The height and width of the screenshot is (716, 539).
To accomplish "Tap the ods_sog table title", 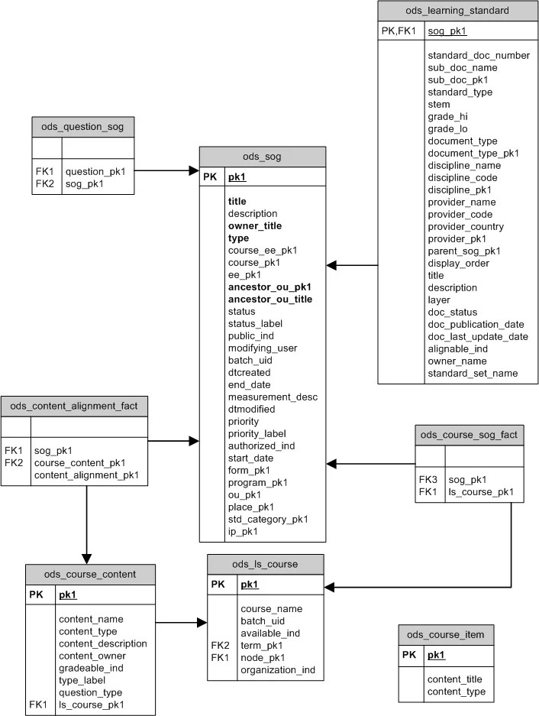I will [262, 157].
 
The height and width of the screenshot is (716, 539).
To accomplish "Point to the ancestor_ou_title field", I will [270, 300].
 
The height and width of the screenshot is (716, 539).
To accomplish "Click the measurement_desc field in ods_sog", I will [273, 397].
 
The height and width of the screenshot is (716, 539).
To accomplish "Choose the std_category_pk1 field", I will [268, 520].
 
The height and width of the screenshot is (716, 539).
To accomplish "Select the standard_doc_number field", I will [479, 56].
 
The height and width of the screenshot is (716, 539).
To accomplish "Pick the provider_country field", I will [466, 227].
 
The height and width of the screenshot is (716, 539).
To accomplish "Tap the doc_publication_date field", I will [476, 325].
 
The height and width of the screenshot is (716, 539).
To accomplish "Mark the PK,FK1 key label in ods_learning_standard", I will [398, 31].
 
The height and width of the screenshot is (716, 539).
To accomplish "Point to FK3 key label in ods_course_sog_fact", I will [428, 479].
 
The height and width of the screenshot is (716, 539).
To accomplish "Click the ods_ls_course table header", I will [265, 565].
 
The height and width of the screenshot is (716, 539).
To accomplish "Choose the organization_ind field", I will [277, 670].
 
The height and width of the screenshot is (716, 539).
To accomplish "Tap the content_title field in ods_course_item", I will [454, 679].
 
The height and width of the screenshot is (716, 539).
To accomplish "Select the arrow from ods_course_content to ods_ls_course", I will [181, 623].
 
